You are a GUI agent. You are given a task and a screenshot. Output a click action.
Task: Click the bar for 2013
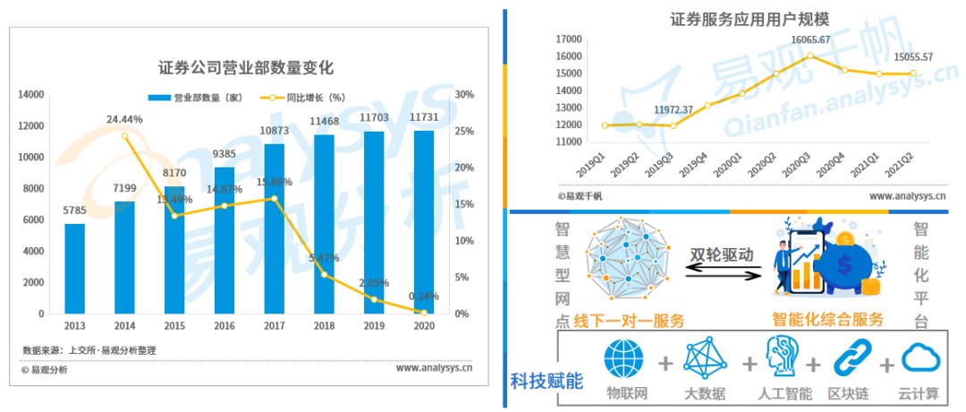75,269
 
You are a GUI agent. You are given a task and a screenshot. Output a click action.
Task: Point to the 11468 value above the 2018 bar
324,121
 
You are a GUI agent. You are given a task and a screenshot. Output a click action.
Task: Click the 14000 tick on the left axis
31,94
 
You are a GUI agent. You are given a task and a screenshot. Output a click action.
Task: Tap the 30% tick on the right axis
464,94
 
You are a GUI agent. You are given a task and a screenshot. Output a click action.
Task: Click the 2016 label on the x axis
224,326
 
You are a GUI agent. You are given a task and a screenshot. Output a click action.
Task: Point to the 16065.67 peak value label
810,39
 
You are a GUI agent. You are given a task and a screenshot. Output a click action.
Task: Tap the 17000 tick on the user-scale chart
569,39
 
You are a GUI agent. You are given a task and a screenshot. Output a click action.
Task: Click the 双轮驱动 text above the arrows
721,254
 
